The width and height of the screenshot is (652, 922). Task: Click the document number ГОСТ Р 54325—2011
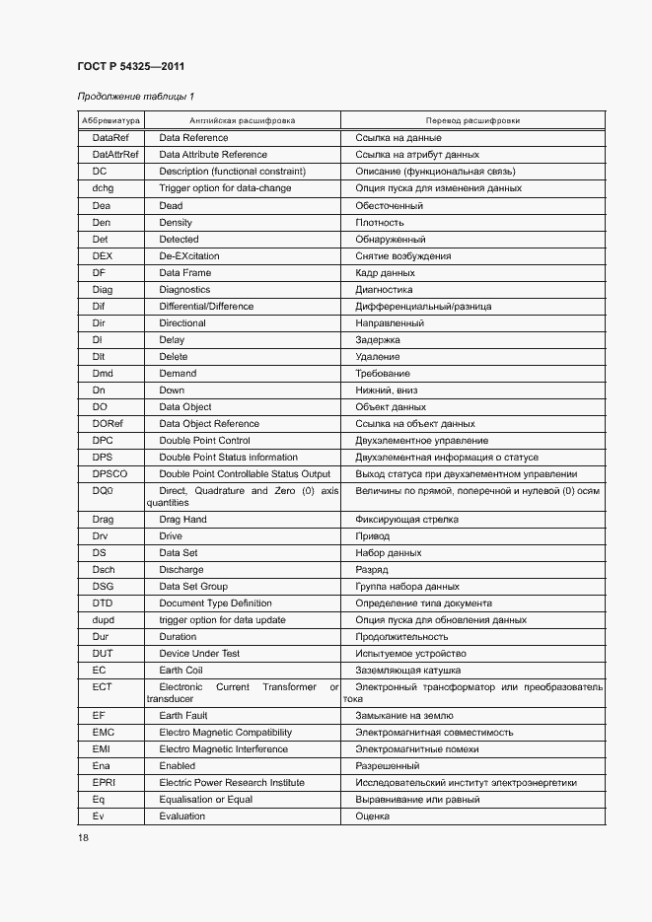[130, 67]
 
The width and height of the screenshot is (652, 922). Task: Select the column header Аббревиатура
[110, 120]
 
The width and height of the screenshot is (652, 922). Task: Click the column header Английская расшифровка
[242, 120]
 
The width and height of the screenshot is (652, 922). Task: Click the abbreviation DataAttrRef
[116, 155]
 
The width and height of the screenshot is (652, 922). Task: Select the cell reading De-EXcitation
[189, 256]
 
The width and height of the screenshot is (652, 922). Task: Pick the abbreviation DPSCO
[110, 474]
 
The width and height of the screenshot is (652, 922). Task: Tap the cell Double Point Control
[204, 441]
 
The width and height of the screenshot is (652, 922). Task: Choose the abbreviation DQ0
[104, 491]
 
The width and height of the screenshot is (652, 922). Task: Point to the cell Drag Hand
[182, 520]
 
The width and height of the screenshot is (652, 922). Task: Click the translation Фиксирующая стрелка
[406, 520]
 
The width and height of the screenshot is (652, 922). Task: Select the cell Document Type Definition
[215, 603]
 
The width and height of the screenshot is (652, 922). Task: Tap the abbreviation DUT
[104, 654]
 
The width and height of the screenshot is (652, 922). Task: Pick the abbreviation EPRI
[105, 783]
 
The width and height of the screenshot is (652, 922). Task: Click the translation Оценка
[372, 816]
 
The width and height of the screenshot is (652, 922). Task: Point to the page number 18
[83, 837]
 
